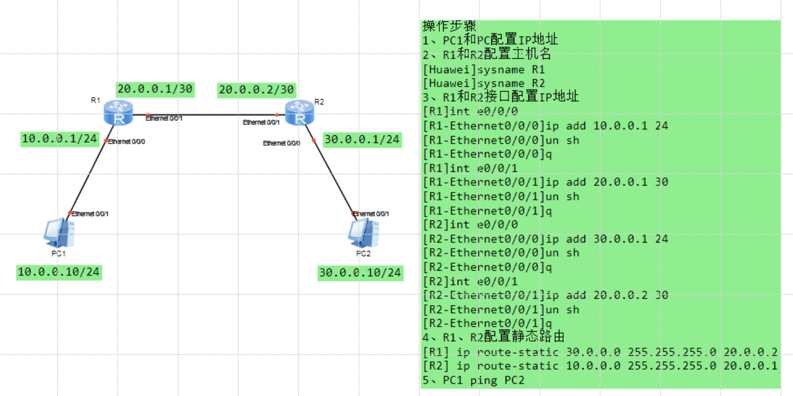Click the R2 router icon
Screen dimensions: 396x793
point(298,112)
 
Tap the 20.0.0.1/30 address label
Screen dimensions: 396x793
point(154,89)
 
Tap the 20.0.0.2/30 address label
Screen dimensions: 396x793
point(256,90)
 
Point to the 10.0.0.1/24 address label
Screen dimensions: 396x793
point(59,139)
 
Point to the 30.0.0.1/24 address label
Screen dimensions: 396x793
point(362,139)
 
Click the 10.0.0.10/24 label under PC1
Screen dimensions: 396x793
point(58,272)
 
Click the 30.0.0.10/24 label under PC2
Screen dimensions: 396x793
point(360,272)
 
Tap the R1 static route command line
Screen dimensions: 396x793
point(600,352)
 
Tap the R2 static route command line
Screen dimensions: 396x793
point(600,366)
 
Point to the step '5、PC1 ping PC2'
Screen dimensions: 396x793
point(473,380)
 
